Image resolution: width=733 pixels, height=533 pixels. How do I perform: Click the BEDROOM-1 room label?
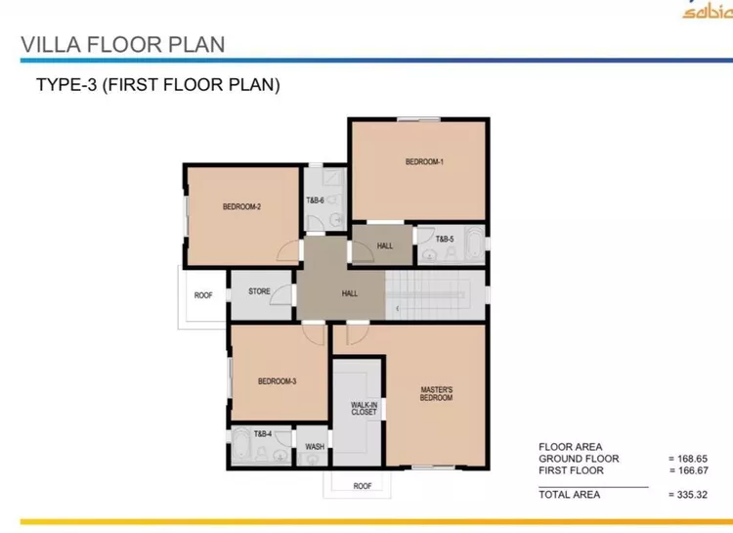click(424, 162)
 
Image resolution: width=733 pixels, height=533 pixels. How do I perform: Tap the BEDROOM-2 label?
click(241, 206)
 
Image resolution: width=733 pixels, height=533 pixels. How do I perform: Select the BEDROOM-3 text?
click(278, 381)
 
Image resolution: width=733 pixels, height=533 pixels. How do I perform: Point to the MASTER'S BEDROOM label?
click(436, 393)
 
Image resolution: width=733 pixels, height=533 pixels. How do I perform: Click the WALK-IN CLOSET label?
click(365, 409)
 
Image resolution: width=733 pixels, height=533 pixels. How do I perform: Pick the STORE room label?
click(259, 291)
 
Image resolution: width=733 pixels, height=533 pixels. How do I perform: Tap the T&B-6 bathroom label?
click(315, 200)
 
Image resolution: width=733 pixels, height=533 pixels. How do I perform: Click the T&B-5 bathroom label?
click(445, 240)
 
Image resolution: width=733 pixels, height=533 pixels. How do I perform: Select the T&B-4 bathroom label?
click(263, 434)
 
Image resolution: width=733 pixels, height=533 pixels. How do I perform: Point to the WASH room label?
click(315, 447)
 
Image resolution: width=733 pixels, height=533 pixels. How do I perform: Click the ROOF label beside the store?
click(203, 295)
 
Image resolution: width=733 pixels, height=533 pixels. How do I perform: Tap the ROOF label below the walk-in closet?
click(363, 486)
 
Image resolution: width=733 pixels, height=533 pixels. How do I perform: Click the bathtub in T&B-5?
click(474, 243)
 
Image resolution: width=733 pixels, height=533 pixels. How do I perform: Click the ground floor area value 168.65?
click(688, 459)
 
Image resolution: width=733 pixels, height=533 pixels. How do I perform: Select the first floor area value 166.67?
click(689, 470)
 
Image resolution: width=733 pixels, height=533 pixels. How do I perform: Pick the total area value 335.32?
click(688, 495)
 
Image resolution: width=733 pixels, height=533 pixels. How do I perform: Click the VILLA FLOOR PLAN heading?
click(123, 45)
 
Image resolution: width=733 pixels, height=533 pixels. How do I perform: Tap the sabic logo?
click(708, 10)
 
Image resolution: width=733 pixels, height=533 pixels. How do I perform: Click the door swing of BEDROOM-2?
click(288, 250)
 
